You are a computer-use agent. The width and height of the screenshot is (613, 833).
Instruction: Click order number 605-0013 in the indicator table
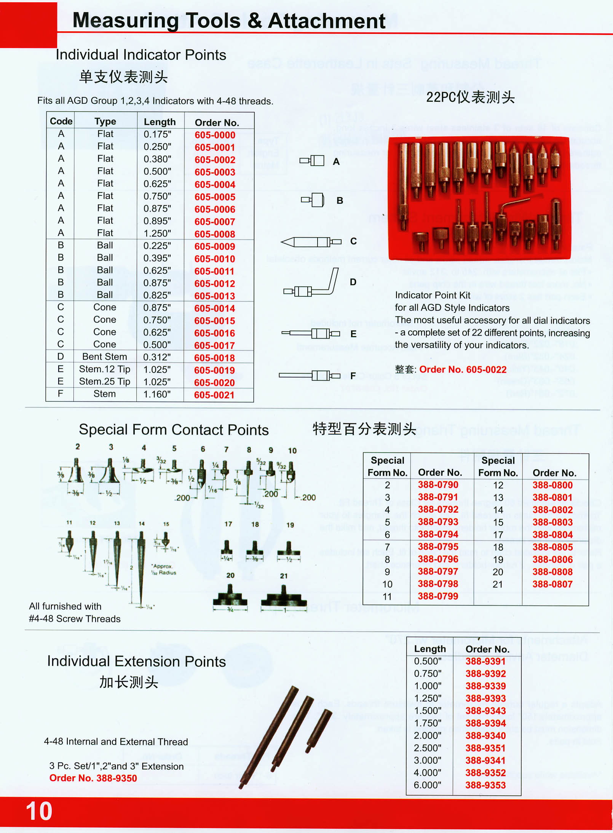tap(215, 296)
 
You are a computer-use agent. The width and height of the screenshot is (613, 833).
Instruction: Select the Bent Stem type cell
tap(105, 357)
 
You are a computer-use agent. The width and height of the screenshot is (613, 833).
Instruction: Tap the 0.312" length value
tap(157, 357)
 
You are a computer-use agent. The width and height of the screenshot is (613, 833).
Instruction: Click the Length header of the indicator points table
tap(160, 122)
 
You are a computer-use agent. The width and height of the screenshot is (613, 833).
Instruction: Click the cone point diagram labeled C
tap(310, 241)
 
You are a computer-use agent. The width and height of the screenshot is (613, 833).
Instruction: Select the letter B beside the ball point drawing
tap(340, 201)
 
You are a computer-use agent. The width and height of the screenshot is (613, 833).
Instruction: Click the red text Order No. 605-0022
tap(463, 369)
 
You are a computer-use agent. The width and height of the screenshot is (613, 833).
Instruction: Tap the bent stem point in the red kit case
tap(512, 209)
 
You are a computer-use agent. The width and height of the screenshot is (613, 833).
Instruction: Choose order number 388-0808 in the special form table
tap(552, 572)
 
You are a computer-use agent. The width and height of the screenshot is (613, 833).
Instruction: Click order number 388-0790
tap(438, 485)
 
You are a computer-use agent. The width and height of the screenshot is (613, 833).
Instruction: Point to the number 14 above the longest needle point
tap(142, 524)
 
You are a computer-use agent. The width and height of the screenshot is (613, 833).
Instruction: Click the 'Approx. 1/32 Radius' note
tap(164, 569)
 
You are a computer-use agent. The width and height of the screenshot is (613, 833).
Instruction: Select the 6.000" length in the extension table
tap(428, 785)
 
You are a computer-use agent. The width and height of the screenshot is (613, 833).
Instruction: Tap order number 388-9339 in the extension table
tap(485, 686)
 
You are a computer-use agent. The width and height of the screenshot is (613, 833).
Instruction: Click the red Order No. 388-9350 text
tap(93, 778)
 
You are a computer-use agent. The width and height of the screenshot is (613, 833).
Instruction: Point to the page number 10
tap(39, 811)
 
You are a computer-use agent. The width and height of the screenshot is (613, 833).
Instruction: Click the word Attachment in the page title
tap(326, 21)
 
